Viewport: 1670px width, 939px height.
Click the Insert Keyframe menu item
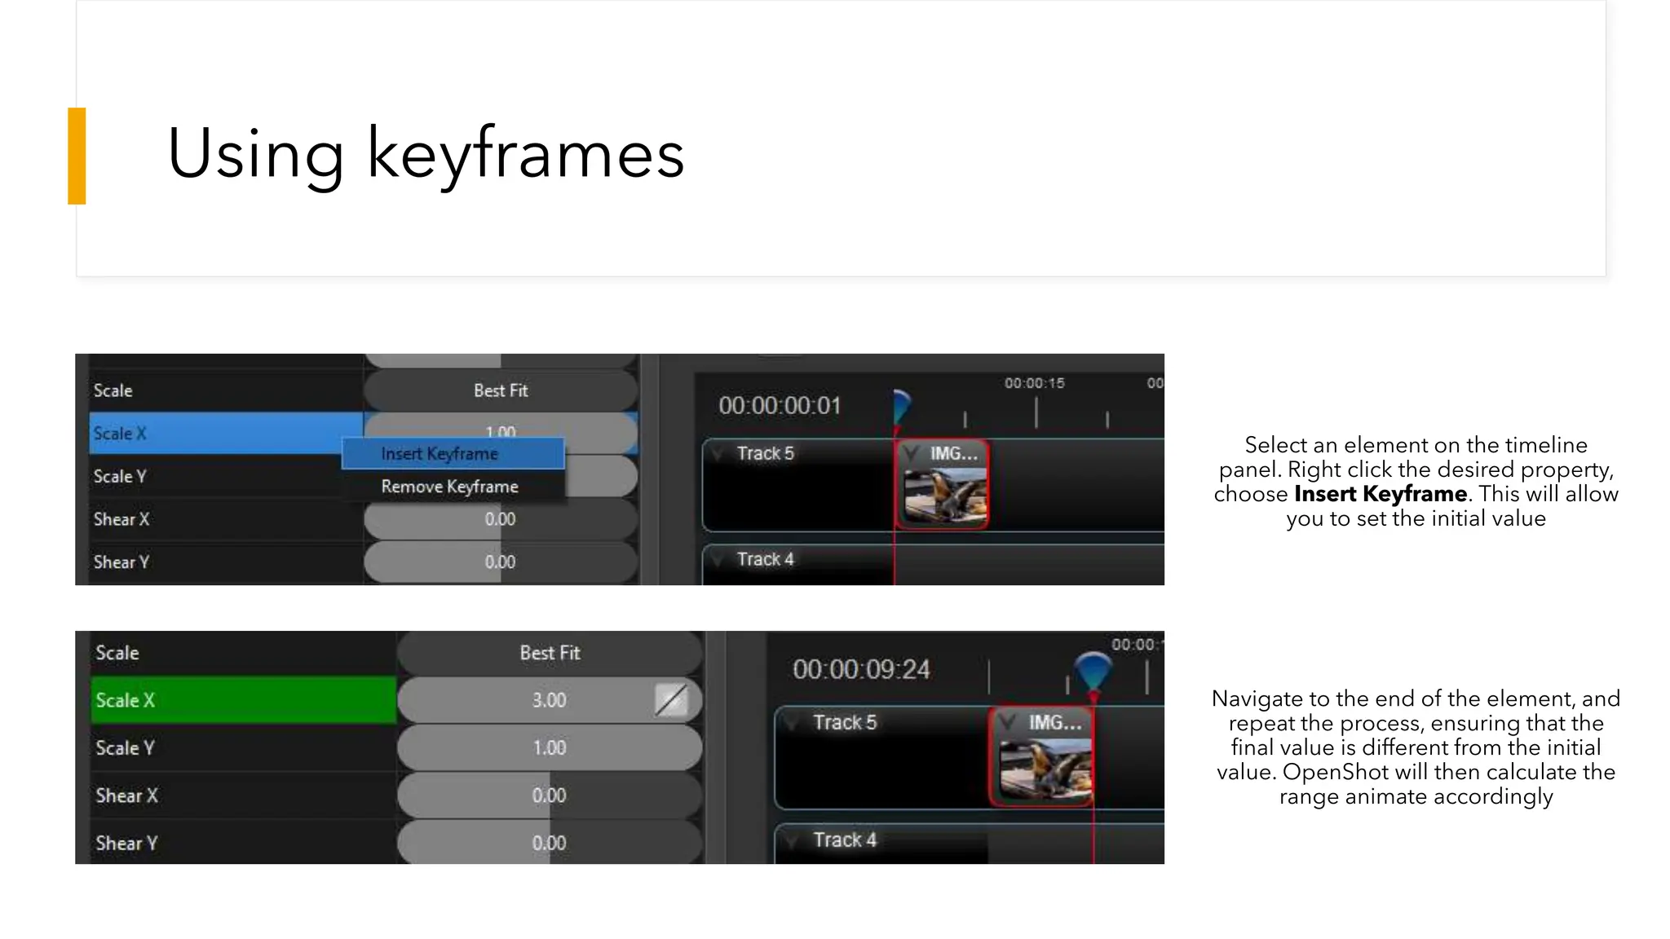pyautogui.click(x=440, y=454)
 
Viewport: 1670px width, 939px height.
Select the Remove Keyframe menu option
pyautogui.click(x=449, y=487)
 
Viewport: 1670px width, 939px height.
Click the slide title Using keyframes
pyautogui.click(x=425, y=153)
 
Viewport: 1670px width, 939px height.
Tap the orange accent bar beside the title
pyautogui.click(x=77, y=156)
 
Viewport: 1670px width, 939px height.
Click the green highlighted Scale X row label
pyautogui.click(x=125, y=700)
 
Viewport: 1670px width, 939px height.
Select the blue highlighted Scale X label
pyautogui.click(x=120, y=434)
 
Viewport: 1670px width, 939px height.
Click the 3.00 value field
pyautogui.click(x=549, y=700)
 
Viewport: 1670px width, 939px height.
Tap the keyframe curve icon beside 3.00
pyautogui.click(x=671, y=700)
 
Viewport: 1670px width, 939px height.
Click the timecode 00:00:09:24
pyautogui.click(x=861, y=670)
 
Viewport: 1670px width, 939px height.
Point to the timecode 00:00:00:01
pyautogui.click(x=780, y=406)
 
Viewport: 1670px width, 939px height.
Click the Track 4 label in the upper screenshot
pyautogui.click(x=765, y=560)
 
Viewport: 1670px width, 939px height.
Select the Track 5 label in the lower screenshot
pyautogui.click(x=845, y=723)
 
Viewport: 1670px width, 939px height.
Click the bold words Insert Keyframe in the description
pyautogui.click(x=1380, y=494)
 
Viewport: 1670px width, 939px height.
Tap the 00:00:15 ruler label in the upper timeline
pyautogui.click(x=1034, y=383)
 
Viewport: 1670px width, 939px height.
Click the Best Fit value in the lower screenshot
pyautogui.click(x=550, y=653)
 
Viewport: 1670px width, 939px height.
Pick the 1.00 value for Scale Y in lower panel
pyautogui.click(x=549, y=747)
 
